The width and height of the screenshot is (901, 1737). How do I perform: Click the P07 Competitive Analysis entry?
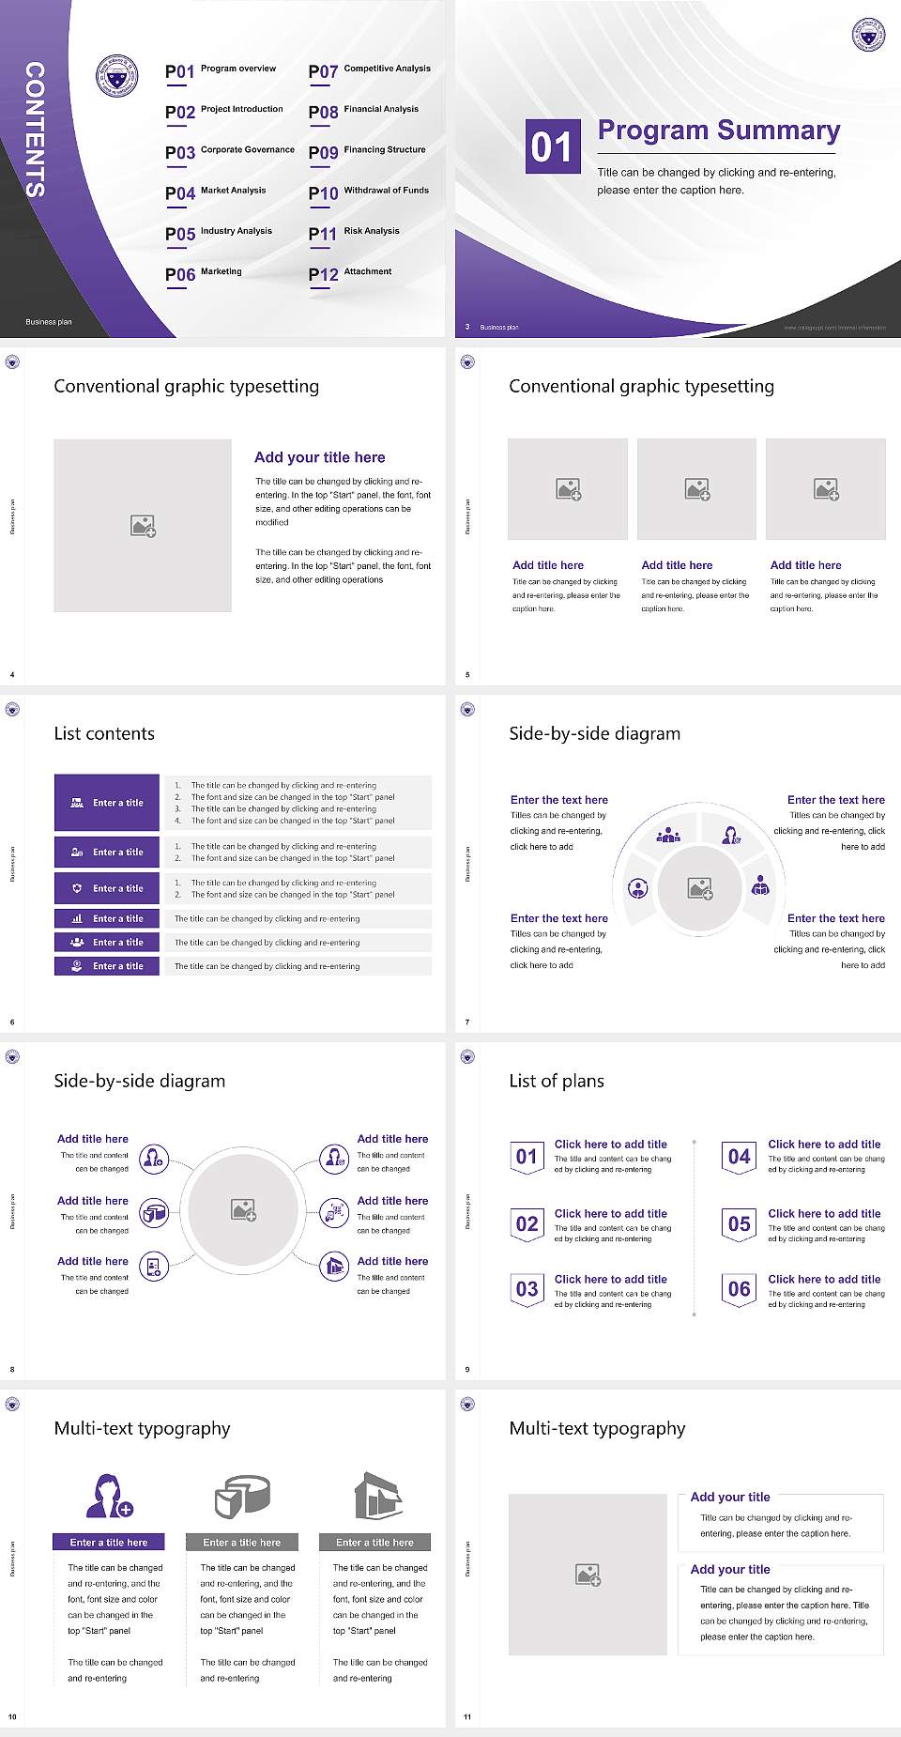[369, 70]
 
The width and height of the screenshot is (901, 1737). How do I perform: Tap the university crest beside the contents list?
[117, 77]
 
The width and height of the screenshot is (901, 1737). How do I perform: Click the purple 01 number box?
[552, 146]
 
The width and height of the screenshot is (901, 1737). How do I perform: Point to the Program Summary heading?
[718, 131]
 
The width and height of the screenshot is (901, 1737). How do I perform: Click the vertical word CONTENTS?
[35, 129]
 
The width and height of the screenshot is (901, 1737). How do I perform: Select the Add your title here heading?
[319, 457]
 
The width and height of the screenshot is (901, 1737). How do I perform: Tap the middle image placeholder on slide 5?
[696, 489]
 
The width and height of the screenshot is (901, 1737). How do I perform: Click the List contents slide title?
[104, 733]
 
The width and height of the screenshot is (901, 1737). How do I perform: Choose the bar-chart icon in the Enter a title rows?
[77, 918]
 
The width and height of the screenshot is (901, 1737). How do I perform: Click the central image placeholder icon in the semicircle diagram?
[700, 888]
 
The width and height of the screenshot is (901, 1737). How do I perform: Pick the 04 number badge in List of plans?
[740, 1157]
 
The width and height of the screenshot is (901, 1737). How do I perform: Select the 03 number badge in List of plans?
[527, 1289]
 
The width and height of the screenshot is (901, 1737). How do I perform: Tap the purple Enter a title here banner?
[109, 1542]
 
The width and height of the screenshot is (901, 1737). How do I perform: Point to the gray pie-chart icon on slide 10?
[242, 1495]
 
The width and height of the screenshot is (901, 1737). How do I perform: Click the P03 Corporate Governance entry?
[230, 151]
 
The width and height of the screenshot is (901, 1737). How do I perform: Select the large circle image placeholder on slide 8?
[244, 1210]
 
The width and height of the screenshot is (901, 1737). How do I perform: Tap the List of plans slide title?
[557, 1081]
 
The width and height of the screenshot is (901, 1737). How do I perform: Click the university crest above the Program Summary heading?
[868, 35]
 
